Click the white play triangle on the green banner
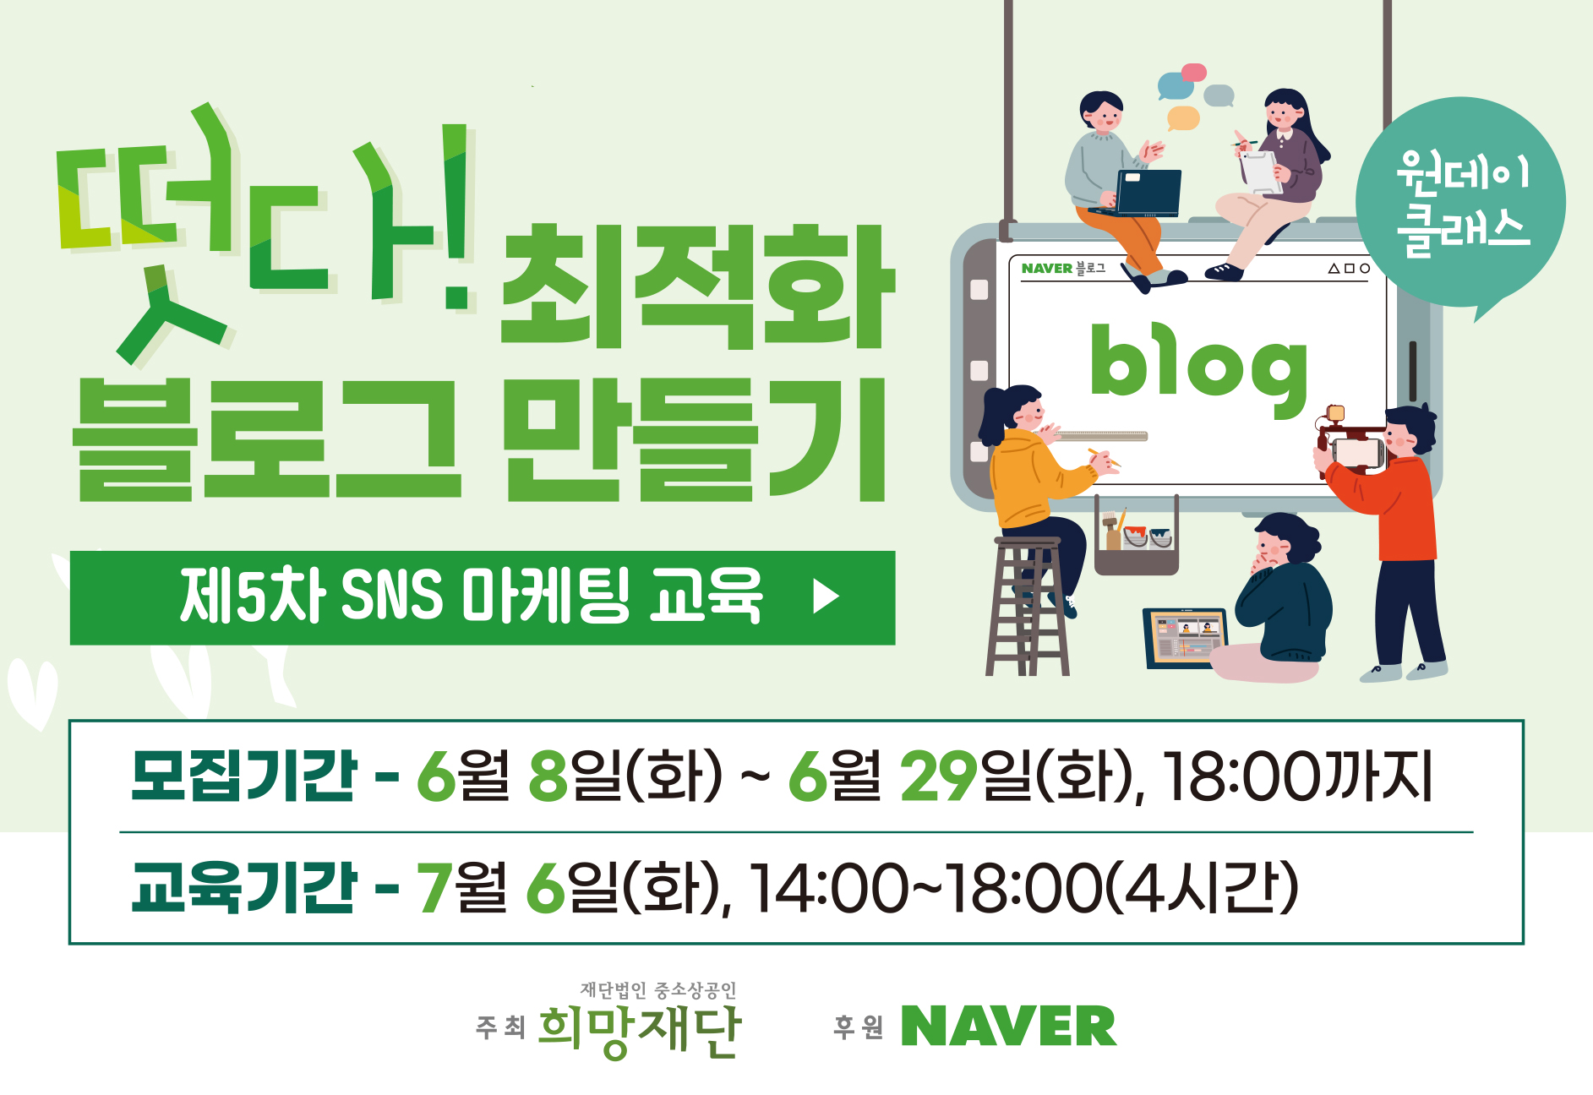coord(826,597)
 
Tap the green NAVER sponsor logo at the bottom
coord(1008,1026)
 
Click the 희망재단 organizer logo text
coord(639,1030)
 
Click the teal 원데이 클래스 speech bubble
coord(1460,203)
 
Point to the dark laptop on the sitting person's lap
coord(1141,193)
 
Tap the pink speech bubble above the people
coord(1193,73)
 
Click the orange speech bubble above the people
coord(1183,117)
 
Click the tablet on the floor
coord(1185,637)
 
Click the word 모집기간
coord(243,775)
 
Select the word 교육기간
coord(243,887)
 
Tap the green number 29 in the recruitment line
coord(939,776)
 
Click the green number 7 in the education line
coord(434,888)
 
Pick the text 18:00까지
coord(1298,776)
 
